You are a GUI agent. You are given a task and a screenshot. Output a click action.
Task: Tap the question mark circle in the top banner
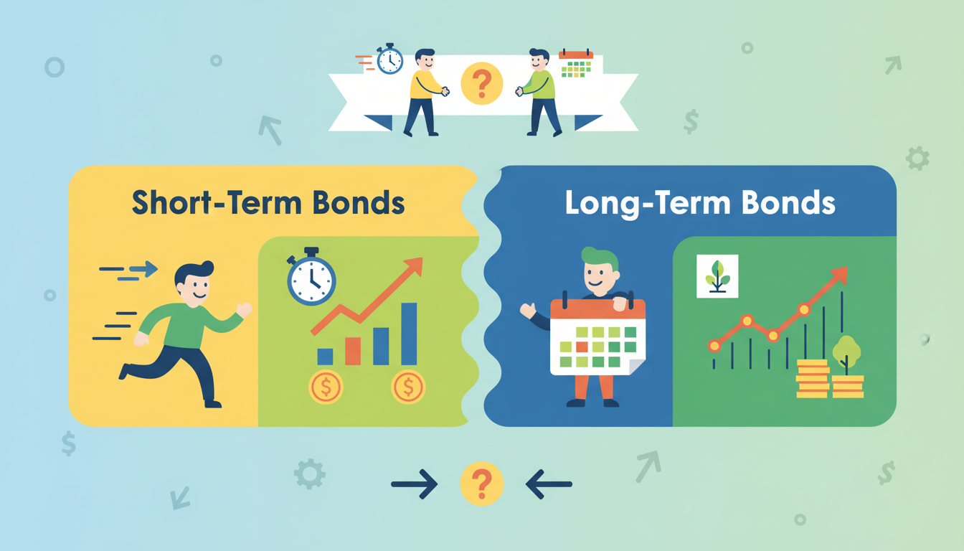(481, 83)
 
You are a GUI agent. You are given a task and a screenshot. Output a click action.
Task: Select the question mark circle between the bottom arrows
(481, 484)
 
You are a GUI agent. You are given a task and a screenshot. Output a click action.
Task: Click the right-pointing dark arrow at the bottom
(415, 484)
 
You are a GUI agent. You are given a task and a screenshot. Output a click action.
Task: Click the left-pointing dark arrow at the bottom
(549, 484)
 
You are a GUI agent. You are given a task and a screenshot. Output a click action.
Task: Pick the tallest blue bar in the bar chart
(409, 334)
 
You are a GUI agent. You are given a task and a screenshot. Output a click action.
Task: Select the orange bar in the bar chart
(353, 351)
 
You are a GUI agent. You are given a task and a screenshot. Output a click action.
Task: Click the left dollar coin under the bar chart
(326, 387)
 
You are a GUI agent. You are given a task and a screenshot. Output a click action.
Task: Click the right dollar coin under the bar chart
(408, 387)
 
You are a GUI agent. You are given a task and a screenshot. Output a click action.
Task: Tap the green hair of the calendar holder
(599, 258)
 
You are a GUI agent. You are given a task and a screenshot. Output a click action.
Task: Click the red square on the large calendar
(582, 347)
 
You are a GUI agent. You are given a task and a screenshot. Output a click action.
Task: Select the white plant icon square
(717, 276)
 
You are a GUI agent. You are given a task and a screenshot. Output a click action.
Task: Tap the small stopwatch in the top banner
(389, 59)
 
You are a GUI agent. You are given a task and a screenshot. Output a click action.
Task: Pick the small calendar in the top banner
(576, 64)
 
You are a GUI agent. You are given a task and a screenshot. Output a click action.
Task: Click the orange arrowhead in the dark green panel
(840, 275)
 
